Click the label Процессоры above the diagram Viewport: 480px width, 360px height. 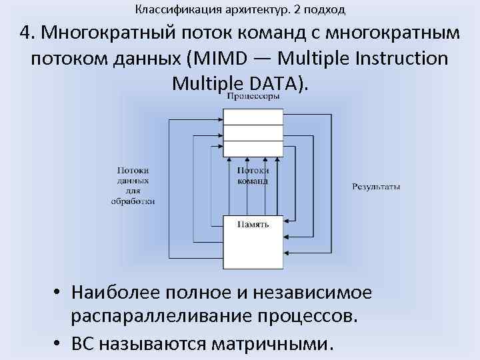pyautogui.click(x=252, y=97)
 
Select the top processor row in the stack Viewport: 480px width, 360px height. pyautogui.click(x=252, y=116)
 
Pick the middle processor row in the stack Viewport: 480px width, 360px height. pyautogui.click(x=252, y=133)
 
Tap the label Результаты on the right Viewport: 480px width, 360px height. pyautogui.click(x=376, y=187)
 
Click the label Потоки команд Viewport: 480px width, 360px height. pyautogui.click(x=253, y=176)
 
